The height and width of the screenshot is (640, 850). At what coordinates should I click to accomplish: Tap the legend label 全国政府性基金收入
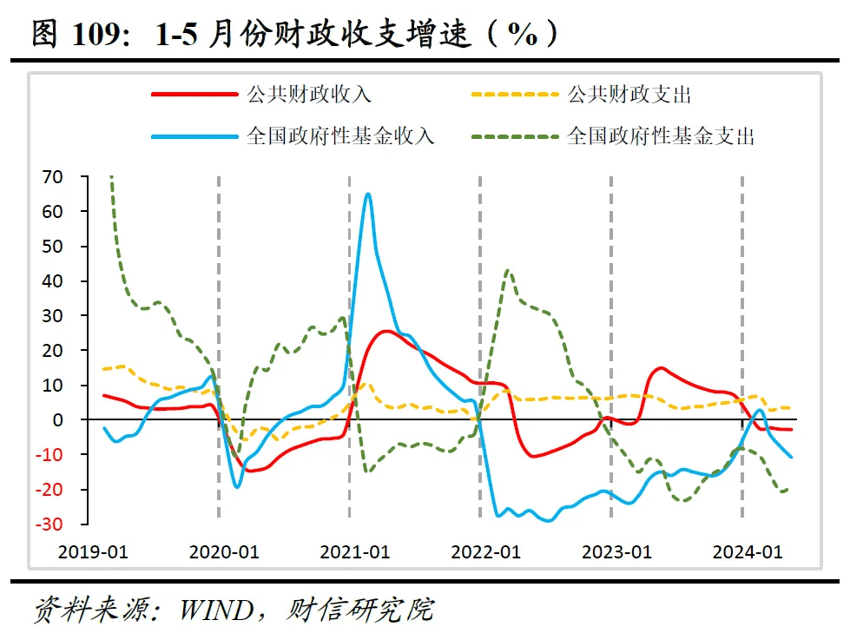click(340, 136)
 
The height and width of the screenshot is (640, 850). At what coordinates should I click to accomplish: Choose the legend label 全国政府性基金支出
click(661, 136)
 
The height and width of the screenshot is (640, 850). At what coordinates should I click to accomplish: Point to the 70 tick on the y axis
click(52, 176)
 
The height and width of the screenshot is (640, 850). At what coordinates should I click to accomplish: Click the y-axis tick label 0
click(58, 420)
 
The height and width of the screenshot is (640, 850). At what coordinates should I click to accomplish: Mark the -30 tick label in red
click(49, 525)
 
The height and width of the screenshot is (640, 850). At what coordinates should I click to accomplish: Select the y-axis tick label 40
click(52, 281)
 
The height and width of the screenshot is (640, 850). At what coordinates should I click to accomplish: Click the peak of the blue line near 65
click(368, 194)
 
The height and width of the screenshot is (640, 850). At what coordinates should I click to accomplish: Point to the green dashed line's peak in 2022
click(508, 271)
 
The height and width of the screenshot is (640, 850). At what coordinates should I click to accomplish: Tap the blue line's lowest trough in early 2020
click(237, 486)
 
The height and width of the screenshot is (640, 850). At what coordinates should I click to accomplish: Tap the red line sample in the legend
click(194, 95)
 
